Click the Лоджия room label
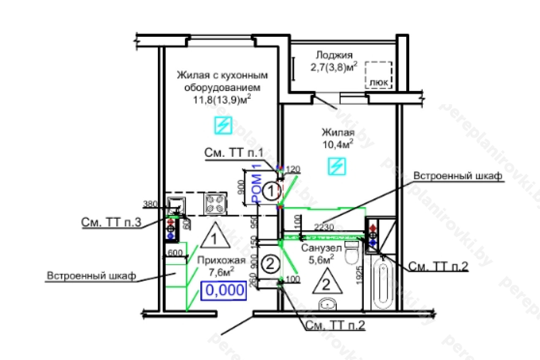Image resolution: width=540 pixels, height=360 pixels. (x=334, y=55)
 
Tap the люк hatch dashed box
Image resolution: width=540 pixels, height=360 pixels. (x=378, y=75)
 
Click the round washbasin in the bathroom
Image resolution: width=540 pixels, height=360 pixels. (x=327, y=303)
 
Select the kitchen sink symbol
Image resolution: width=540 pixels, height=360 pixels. (x=177, y=203)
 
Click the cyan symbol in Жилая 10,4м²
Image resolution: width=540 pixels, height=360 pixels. (x=337, y=166)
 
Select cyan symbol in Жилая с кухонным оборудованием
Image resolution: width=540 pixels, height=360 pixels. (x=224, y=125)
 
